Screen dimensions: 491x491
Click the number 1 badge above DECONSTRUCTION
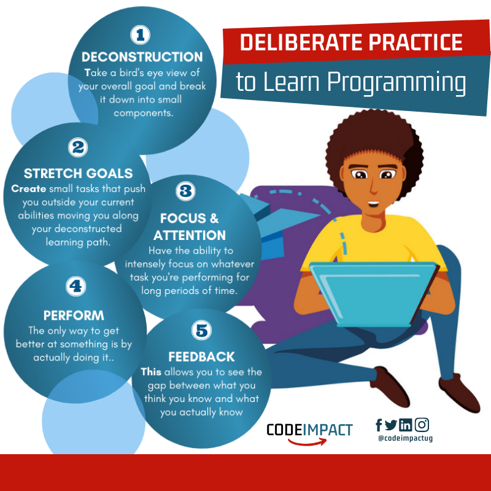click(141, 35)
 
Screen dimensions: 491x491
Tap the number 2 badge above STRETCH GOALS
click(78, 147)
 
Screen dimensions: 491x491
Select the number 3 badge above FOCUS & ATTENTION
click(185, 191)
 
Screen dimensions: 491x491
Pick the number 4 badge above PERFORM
click(74, 286)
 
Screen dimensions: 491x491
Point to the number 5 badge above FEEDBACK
click(201, 331)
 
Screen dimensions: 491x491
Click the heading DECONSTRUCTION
click(142, 57)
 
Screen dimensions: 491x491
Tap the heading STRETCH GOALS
click(78, 174)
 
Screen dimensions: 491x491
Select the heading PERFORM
click(74, 316)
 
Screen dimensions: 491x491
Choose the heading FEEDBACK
click(201, 357)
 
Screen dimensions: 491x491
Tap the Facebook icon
click(379, 425)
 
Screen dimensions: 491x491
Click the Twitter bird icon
click(391, 425)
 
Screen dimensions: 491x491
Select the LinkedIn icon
click(405, 425)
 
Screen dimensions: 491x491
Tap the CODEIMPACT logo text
click(309, 429)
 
